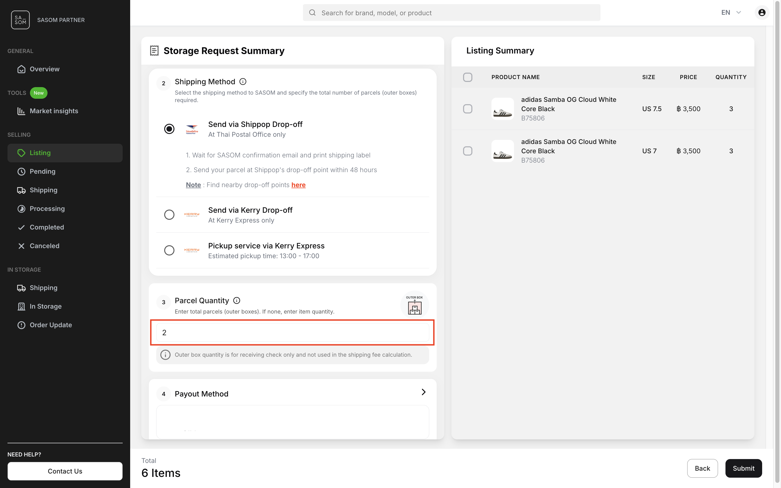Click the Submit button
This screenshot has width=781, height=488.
coord(743,468)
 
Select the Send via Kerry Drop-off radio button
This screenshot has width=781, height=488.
coord(169,215)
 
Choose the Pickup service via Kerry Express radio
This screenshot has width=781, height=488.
coord(169,250)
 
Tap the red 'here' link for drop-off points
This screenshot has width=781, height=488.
coord(298,185)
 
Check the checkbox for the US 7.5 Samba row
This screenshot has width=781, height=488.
coord(467,109)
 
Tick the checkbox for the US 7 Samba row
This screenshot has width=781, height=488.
coord(467,151)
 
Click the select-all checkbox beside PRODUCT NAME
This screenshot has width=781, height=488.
coord(467,77)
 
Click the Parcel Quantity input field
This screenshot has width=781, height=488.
coord(292,332)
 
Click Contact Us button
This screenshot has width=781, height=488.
coord(65,471)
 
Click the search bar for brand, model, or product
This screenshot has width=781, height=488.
coord(451,13)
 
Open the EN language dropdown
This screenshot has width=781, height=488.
coord(731,13)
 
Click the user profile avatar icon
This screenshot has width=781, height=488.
coord(762,13)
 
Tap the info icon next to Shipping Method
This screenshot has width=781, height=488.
coord(243,82)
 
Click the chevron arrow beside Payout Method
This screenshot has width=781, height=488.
coord(423,392)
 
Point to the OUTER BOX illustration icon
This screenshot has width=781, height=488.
coord(414,305)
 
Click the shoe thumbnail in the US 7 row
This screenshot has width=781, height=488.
coord(502,151)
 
